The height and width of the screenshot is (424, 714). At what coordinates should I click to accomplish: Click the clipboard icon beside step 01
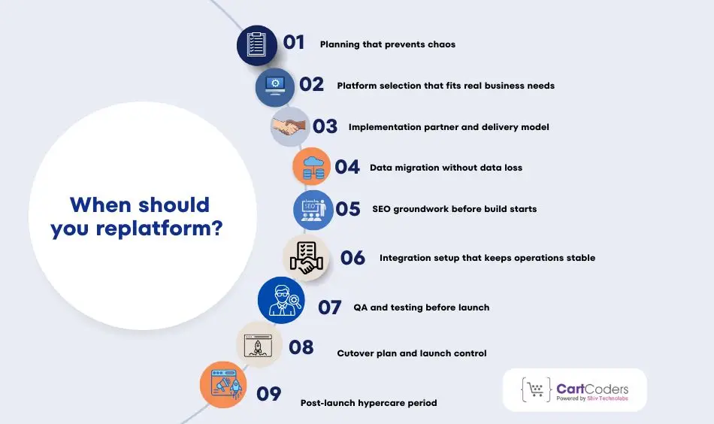click(x=257, y=45)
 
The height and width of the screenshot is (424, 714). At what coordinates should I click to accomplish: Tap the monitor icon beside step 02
click(x=275, y=87)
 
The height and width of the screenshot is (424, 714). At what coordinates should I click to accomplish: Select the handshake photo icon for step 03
click(x=290, y=126)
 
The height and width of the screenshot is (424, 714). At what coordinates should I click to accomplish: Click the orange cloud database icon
click(x=311, y=167)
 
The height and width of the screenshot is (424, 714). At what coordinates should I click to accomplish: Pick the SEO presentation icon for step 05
click(x=313, y=208)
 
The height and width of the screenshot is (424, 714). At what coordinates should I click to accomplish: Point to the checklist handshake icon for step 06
click(x=306, y=257)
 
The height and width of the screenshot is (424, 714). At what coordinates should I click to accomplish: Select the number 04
click(x=347, y=167)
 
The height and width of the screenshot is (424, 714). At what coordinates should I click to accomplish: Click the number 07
click(x=330, y=307)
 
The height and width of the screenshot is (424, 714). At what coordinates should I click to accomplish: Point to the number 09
click(x=269, y=393)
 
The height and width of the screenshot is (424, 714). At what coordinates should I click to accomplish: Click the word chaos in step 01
click(x=440, y=44)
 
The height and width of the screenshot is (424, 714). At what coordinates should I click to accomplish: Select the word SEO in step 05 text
click(x=383, y=208)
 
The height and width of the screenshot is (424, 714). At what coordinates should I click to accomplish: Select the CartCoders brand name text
click(x=592, y=388)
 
